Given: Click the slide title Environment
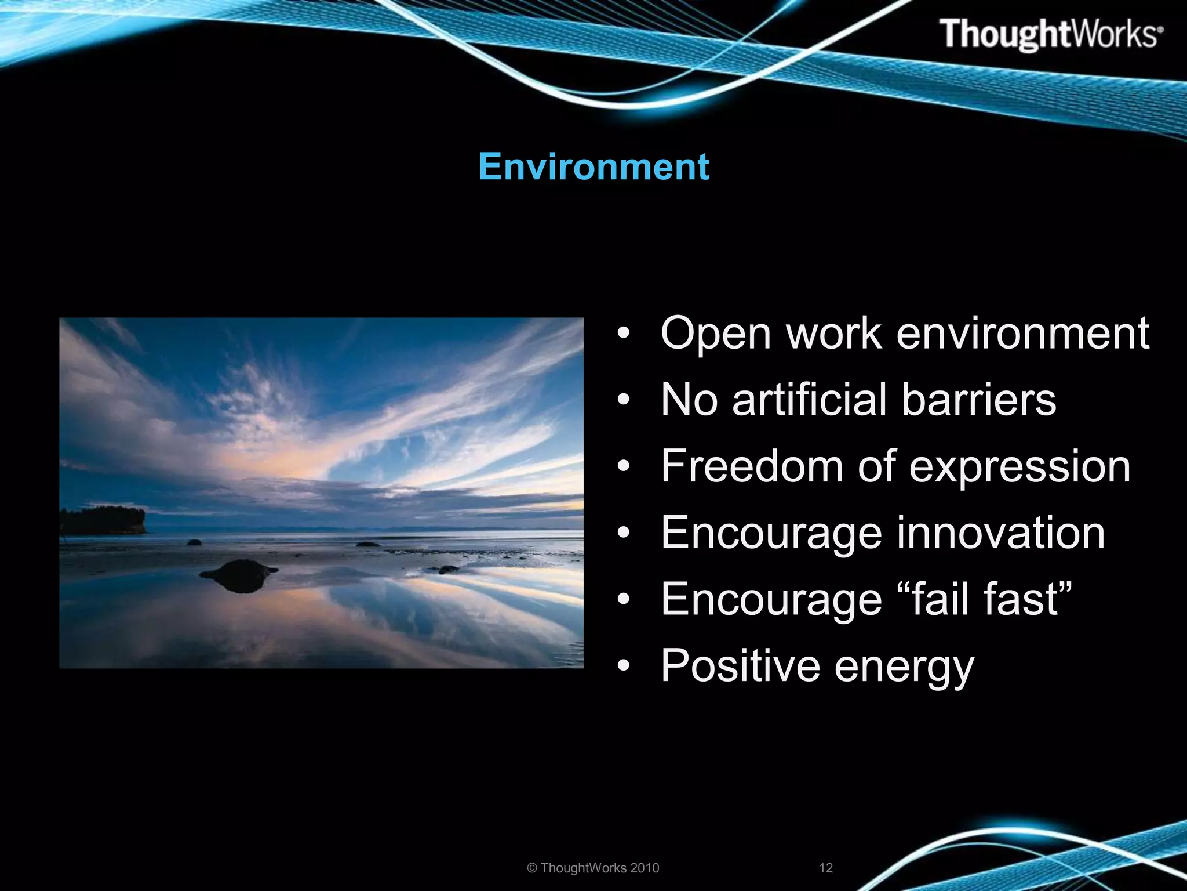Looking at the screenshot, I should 593,167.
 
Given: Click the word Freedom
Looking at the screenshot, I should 752,466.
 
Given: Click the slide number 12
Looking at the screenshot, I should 825,868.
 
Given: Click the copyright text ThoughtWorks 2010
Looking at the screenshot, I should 593,868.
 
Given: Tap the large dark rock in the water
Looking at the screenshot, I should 238,574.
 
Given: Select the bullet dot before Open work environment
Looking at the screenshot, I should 623,334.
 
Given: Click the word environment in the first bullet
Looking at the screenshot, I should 1022,334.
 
